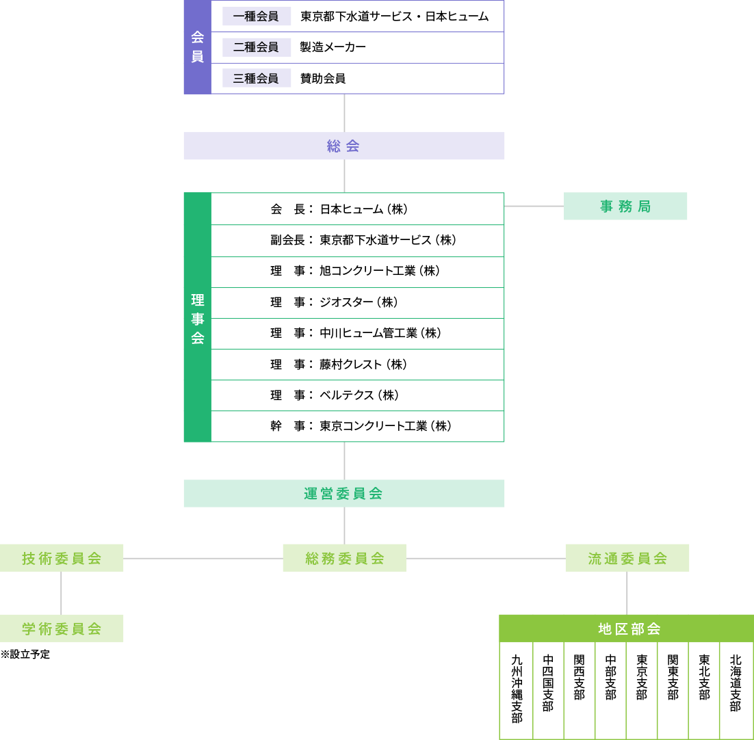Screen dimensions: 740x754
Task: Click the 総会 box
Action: pyautogui.click(x=343, y=146)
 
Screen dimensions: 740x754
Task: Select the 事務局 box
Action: pyautogui.click(x=625, y=206)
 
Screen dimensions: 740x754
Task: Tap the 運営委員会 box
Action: pyautogui.click(x=343, y=493)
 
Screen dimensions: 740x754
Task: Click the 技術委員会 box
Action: pyautogui.click(x=62, y=558)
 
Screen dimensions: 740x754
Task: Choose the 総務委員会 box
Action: pyautogui.click(x=344, y=558)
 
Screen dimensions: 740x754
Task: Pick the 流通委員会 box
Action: pyautogui.click(x=627, y=558)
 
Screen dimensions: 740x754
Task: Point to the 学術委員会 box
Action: pyautogui.click(x=62, y=629)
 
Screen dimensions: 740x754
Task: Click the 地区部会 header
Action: pyautogui.click(x=626, y=629)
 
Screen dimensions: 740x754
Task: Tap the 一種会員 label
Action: pyautogui.click(x=256, y=16)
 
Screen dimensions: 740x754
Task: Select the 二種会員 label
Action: pyautogui.click(x=256, y=47)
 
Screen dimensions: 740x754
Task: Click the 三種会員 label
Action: pyautogui.click(x=256, y=78)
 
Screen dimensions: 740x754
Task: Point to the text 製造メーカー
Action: pyautogui.click(x=333, y=47)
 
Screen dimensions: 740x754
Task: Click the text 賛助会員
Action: pyautogui.click(x=323, y=78)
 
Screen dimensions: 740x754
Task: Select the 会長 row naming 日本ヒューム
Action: pyautogui.click(x=356, y=209)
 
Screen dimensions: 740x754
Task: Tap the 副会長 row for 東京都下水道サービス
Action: pyautogui.click(x=356, y=240)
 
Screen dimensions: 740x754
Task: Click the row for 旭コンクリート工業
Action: pyautogui.click(x=356, y=272)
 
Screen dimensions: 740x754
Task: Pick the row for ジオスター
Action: pyautogui.click(x=356, y=302)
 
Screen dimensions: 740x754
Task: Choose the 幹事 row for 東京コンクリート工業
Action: pyautogui.click(x=356, y=426)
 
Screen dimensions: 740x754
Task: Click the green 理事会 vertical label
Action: pyautogui.click(x=197, y=318)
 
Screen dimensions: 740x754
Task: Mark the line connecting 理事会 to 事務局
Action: pyautogui.click(x=534, y=206)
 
